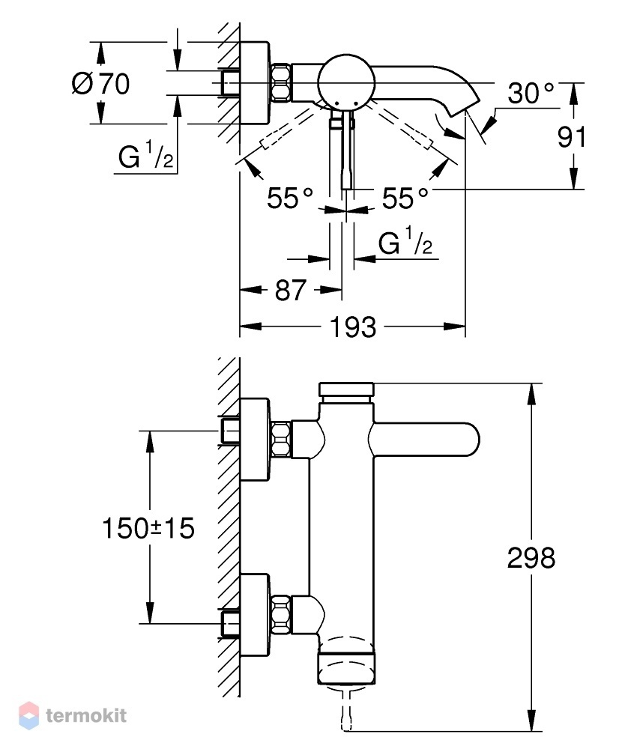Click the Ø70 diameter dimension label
[x=101, y=84]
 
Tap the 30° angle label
[x=531, y=93]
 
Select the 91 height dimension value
[x=572, y=137]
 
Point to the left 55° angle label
[x=289, y=197]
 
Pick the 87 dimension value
[x=290, y=290]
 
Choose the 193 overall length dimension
[x=353, y=327]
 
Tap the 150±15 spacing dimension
[x=148, y=528]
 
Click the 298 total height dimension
[x=531, y=557]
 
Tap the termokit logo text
[x=86, y=715]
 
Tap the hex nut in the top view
[x=282, y=82]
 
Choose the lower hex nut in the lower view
[x=282, y=615]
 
